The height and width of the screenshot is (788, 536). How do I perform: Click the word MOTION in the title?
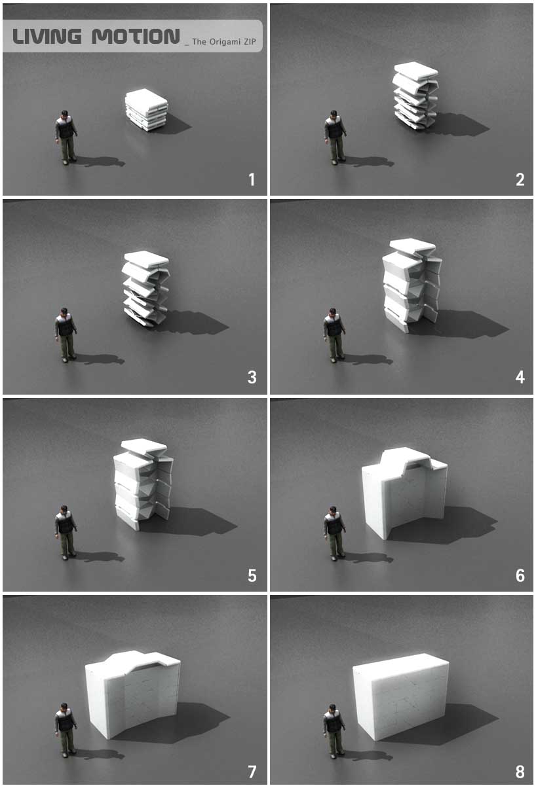136,37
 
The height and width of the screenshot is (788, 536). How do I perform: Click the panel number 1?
252,179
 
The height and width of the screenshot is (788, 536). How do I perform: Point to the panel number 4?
520,378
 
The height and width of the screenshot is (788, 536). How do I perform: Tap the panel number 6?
520,575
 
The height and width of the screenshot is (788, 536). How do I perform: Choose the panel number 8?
520,772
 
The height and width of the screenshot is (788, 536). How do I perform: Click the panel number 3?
252,378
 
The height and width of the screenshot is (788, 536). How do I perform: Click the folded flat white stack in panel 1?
147,110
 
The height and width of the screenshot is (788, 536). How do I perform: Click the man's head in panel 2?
334,116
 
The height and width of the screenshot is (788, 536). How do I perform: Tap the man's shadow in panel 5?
98,557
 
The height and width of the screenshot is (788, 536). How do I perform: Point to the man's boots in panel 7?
66,752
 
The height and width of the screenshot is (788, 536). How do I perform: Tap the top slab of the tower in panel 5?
144,447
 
